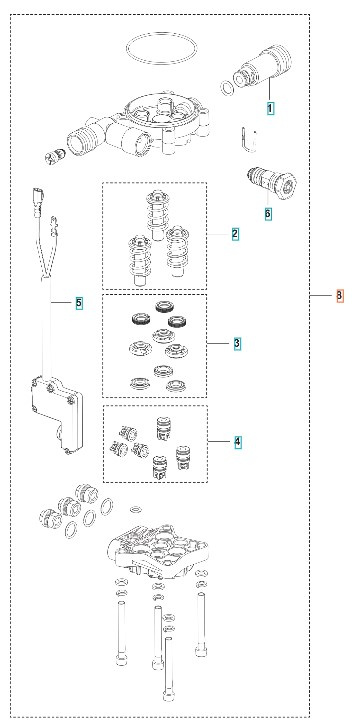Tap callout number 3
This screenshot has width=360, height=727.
(236, 343)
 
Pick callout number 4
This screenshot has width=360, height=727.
(237, 440)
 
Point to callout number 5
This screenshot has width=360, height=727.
(80, 301)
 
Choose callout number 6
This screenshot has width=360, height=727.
(267, 212)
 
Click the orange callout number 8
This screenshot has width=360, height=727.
(340, 296)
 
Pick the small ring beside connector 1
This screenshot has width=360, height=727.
(228, 90)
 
